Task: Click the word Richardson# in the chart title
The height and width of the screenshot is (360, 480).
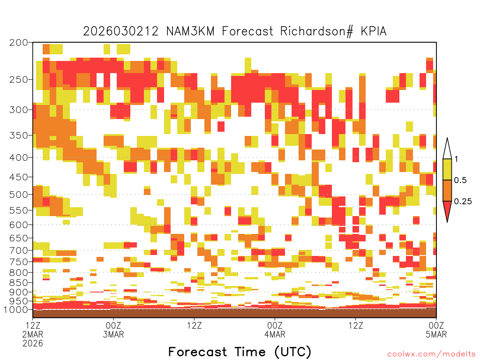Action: coord(316,31)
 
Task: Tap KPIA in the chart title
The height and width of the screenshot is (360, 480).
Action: coord(374,31)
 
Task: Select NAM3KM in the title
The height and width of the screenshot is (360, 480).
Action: coord(190,31)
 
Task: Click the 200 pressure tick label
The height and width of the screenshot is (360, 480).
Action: coord(19,43)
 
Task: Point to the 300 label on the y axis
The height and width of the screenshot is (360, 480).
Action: coord(19,110)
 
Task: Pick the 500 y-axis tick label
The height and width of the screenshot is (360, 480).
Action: coord(19,195)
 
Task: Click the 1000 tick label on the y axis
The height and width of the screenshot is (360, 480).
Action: coord(16,309)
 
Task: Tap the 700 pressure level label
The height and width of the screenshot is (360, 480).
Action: coord(19,250)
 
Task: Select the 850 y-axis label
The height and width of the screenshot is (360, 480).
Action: coord(19,283)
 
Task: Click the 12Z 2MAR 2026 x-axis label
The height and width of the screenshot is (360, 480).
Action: coord(33,334)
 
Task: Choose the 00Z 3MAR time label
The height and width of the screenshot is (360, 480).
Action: coord(113,330)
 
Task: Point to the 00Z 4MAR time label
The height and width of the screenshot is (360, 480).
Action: coord(275,330)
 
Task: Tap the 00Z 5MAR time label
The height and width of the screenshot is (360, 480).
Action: coord(436,330)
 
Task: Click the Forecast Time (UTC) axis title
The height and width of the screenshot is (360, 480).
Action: coord(240,352)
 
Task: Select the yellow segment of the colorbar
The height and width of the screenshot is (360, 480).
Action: coord(447,169)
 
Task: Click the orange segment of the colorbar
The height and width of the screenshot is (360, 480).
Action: coord(447,190)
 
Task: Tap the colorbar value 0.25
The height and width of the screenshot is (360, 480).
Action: coord(463,201)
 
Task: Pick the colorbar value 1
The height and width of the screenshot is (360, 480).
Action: coord(456,159)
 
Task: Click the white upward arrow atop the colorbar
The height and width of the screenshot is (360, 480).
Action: coord(447,150)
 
